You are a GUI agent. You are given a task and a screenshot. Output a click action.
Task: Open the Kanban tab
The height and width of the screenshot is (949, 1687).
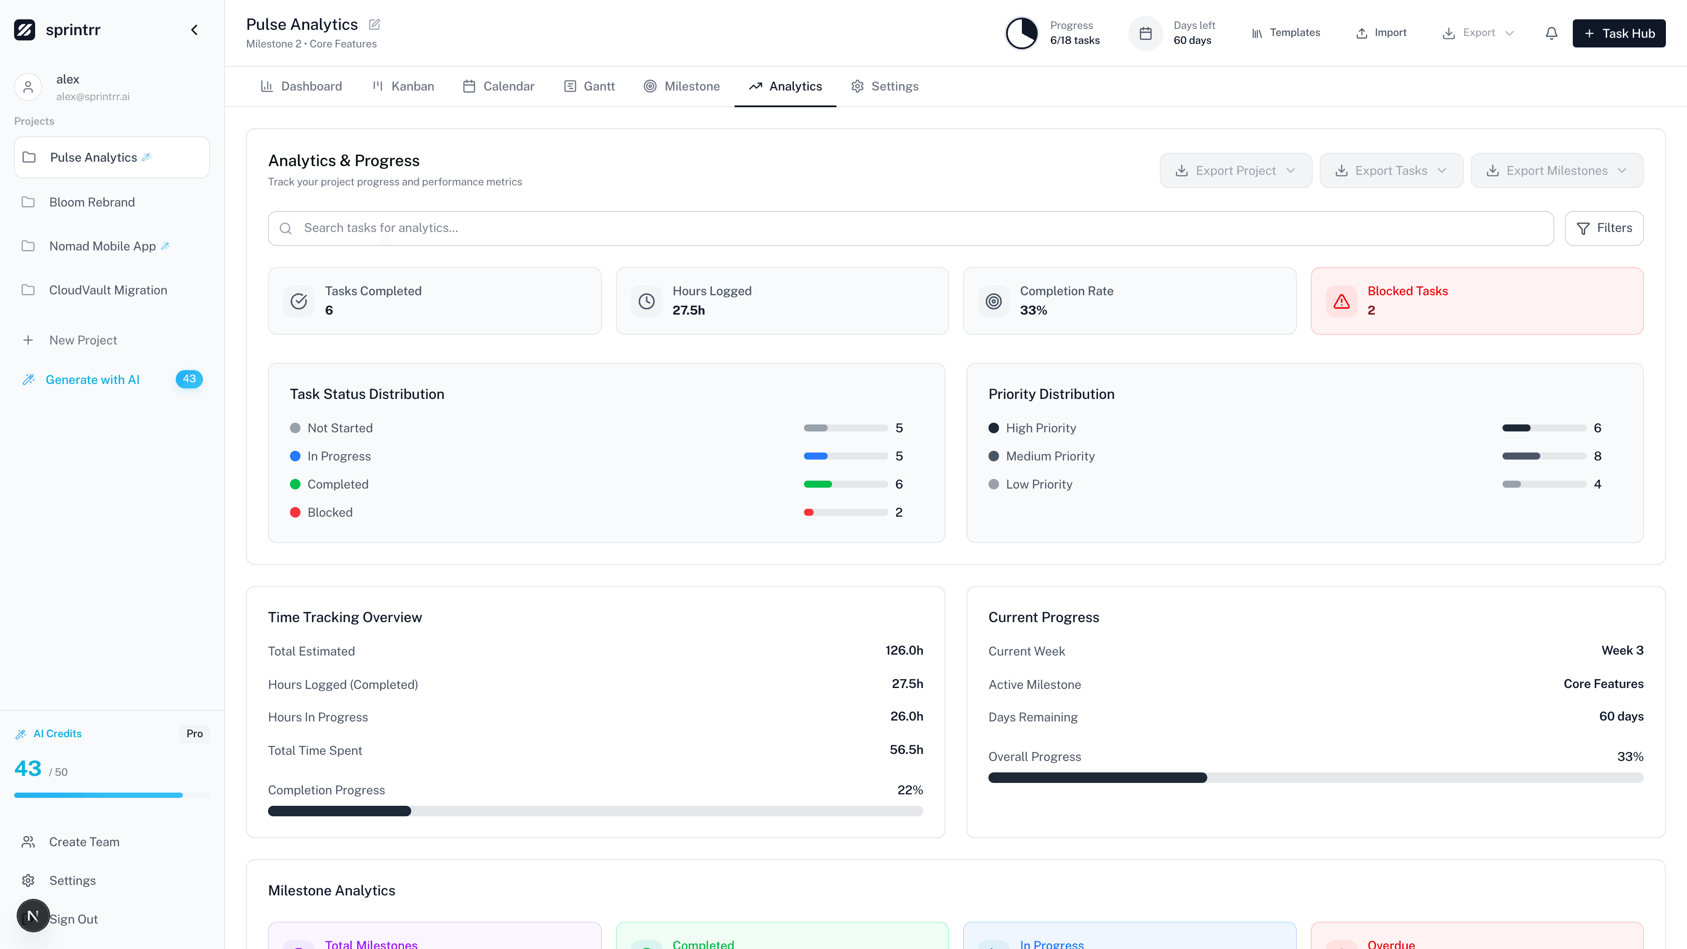(403, 87)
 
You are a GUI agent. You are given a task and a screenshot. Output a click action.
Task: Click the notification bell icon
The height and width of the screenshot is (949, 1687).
(1551, 33)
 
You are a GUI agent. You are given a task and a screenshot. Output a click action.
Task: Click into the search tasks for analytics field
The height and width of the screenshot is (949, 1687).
(910, 228)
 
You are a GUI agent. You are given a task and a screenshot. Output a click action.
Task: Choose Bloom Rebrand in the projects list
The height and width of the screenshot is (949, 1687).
(92, 203)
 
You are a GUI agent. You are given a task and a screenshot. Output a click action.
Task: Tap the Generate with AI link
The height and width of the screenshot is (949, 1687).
(92, 380)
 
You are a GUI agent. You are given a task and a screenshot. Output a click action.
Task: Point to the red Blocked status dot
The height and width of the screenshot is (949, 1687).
(295, 512)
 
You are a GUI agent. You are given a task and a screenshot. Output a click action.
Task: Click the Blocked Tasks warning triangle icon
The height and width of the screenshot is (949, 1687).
(1341, 301)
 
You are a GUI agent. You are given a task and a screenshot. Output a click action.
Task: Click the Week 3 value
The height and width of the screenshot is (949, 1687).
(1622, 650)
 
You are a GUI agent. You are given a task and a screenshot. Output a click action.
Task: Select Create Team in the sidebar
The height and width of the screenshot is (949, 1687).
(84, 842)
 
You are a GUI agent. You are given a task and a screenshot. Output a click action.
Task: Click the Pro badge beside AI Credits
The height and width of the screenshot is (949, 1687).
(195, 734)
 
